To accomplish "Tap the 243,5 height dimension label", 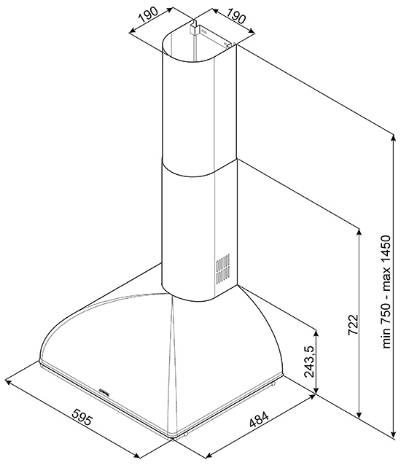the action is pyautogui.click(x=309, y=362).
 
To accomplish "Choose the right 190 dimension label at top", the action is pyautogui.click(x=236, y=16).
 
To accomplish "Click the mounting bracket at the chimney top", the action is pyautogui.click(x=195, y=28).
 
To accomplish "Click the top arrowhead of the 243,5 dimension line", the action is pyautogui.click(x=316, y=331).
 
